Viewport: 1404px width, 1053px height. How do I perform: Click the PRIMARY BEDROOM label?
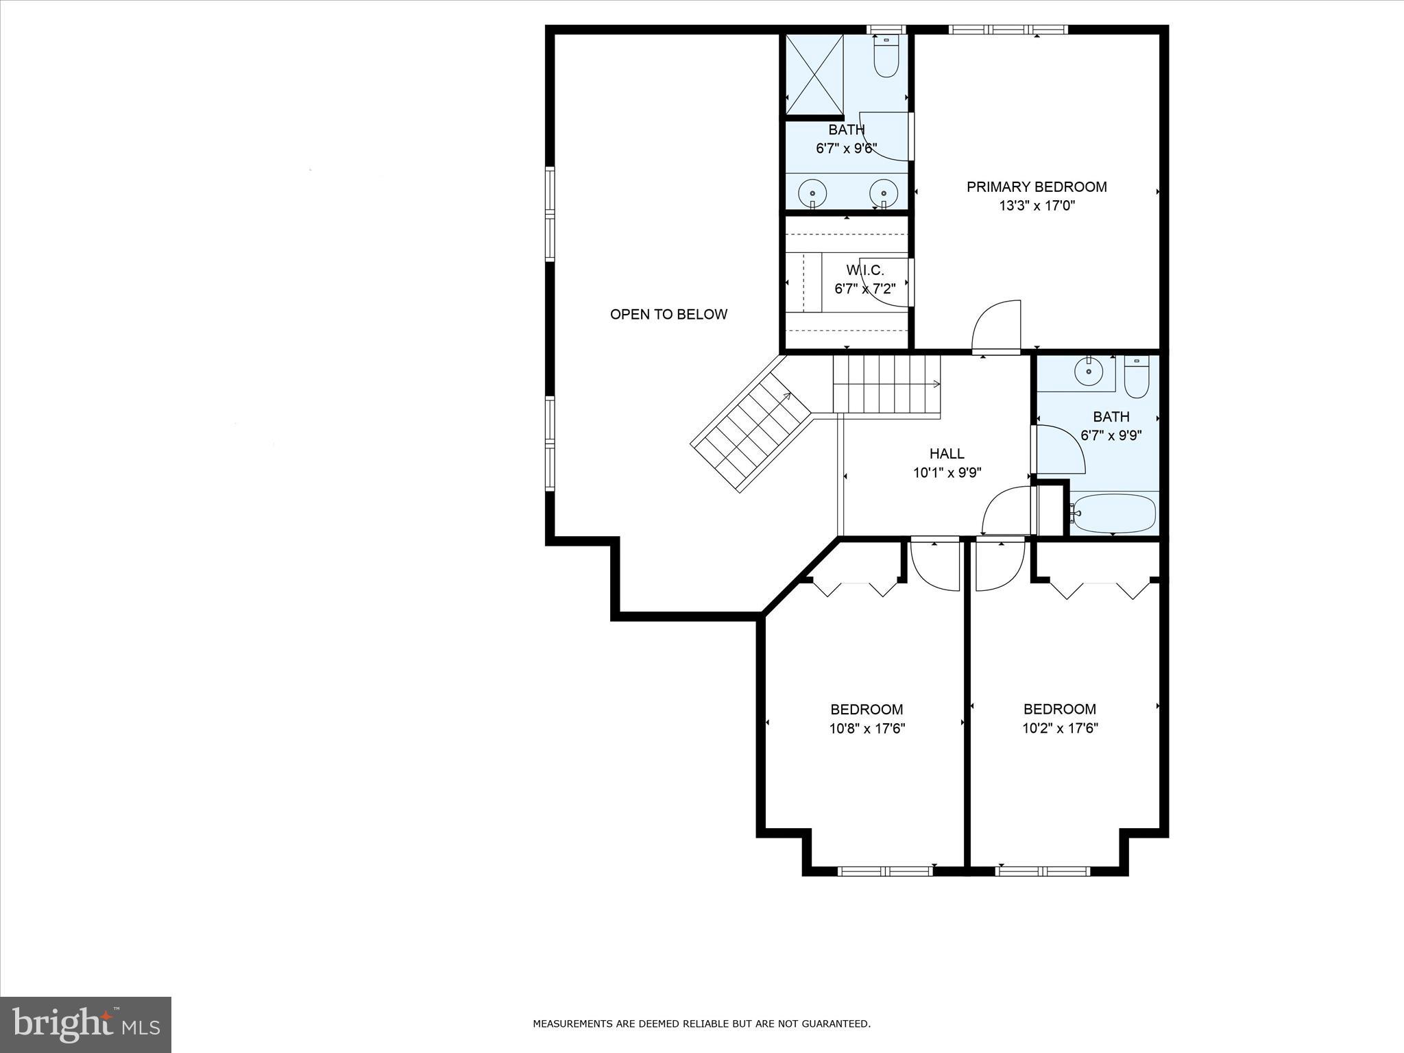[x=1037, y=186]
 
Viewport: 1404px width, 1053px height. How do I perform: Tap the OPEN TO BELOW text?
[x=668, y=314]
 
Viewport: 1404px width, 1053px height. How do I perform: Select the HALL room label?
[x=947, y=453]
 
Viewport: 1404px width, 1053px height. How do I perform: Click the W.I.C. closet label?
[x=865, y=270]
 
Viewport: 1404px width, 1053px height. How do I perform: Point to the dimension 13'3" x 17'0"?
[x=1037, y=206]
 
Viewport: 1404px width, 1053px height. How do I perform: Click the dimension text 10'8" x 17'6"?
[x=867, y=729]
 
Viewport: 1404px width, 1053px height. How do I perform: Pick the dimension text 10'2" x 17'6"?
[x=1060, y=729]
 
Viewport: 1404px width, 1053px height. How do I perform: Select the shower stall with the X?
[x=814, y=74]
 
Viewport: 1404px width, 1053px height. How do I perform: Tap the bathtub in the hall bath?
[x=1114, y=513]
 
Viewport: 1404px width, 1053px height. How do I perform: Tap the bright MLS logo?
[x=86, y=1024]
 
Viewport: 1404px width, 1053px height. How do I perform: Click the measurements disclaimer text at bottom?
[x=701, y=1024]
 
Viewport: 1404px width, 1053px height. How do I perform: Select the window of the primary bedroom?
[x=1008, y=29]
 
